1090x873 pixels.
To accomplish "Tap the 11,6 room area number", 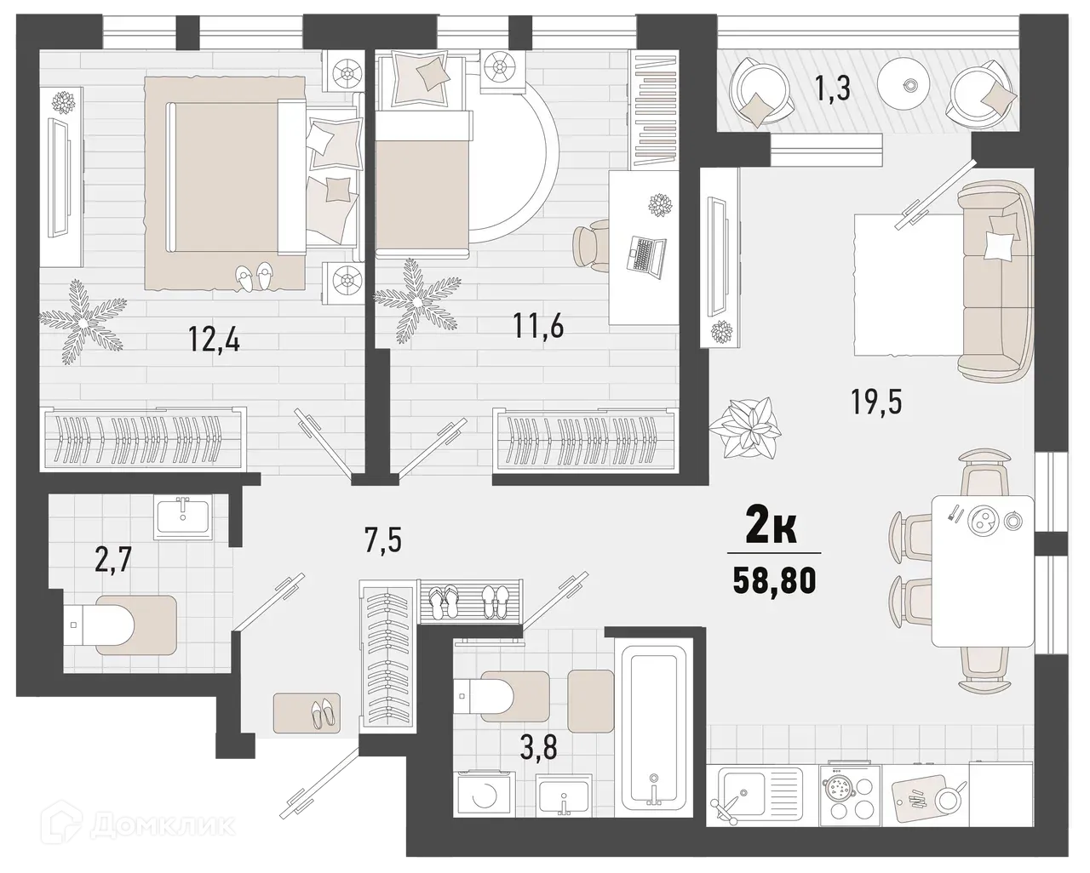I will (537, 325).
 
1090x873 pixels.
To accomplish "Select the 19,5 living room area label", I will (875, 398).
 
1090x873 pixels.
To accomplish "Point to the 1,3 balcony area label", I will (835, 88).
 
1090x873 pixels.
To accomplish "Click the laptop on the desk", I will (647, 254).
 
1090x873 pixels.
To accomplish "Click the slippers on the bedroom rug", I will (255, 277).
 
